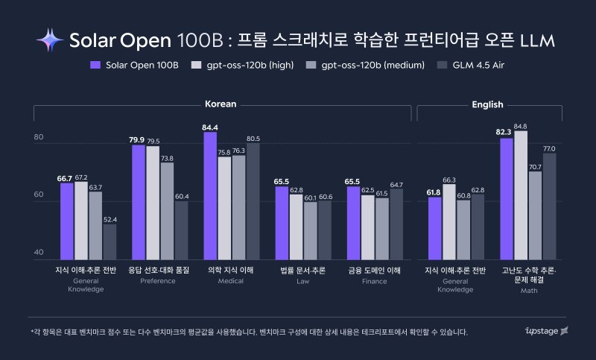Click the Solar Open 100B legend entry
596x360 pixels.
point(134,65)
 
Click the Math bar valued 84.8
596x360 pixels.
point(521,195)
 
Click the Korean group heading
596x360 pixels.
point(221,104)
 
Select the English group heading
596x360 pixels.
point(487,104)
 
